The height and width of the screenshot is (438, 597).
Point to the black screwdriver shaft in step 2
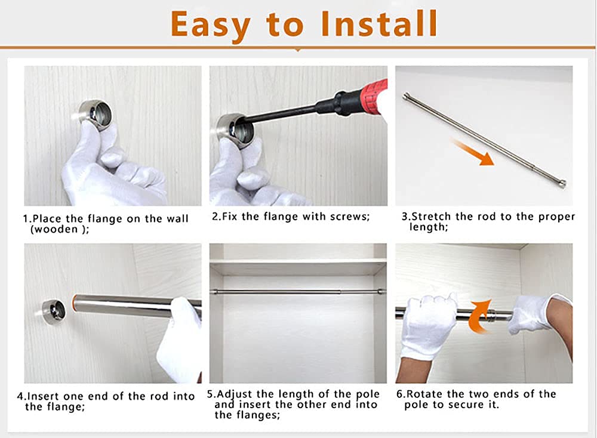click(x=281, y=113)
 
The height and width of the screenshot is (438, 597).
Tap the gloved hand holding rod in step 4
click(x=179, y=340)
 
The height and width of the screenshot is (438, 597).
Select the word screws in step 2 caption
click(x=343, y=217)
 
